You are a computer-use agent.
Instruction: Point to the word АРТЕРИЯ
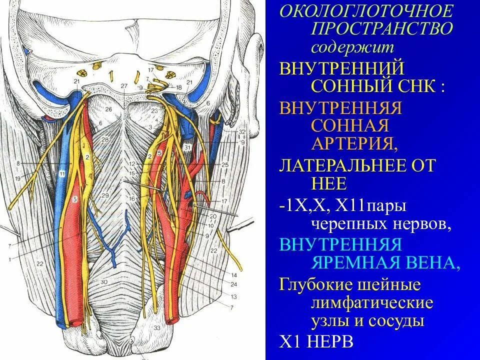[x=355, y=144]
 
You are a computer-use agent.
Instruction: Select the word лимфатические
[x=372, y=303]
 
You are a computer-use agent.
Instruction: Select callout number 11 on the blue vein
[x=62, y=173]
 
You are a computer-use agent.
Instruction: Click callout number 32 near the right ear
[x=242, y=131]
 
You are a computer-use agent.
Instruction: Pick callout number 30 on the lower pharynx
[x=104, y=282]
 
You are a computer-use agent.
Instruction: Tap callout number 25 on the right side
[x=224, y=164]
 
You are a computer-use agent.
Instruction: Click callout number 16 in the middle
[x=132, y=198]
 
